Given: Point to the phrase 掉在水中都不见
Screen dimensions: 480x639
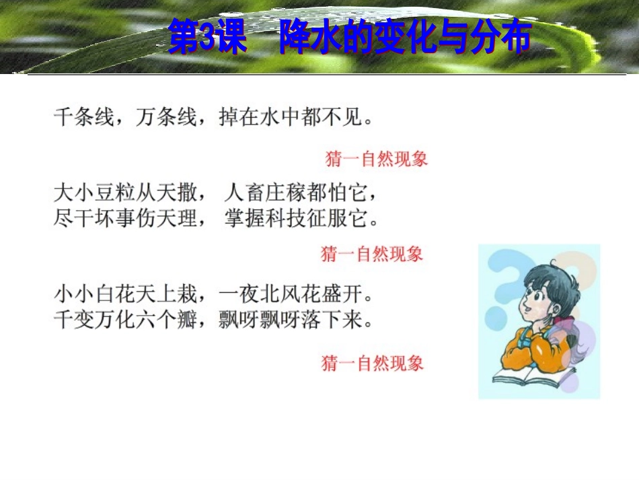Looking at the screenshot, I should tap(291, 118).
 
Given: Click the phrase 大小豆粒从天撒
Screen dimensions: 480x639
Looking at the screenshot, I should tap(126, 194).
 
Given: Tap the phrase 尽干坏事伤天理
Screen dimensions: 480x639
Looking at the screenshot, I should tap(126, 219).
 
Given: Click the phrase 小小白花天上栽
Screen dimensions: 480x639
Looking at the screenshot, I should tap(126, 294).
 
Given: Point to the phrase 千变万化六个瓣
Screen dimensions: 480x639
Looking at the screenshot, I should tap(126, 319).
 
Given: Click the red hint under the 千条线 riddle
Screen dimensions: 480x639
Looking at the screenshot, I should tap(376, 160).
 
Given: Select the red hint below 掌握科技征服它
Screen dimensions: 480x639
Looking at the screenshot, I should tap(372, 254).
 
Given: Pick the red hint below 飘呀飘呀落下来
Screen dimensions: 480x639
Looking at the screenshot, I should tap(373, 364).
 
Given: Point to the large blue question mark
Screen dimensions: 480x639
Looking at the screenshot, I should tap(501, 283).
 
